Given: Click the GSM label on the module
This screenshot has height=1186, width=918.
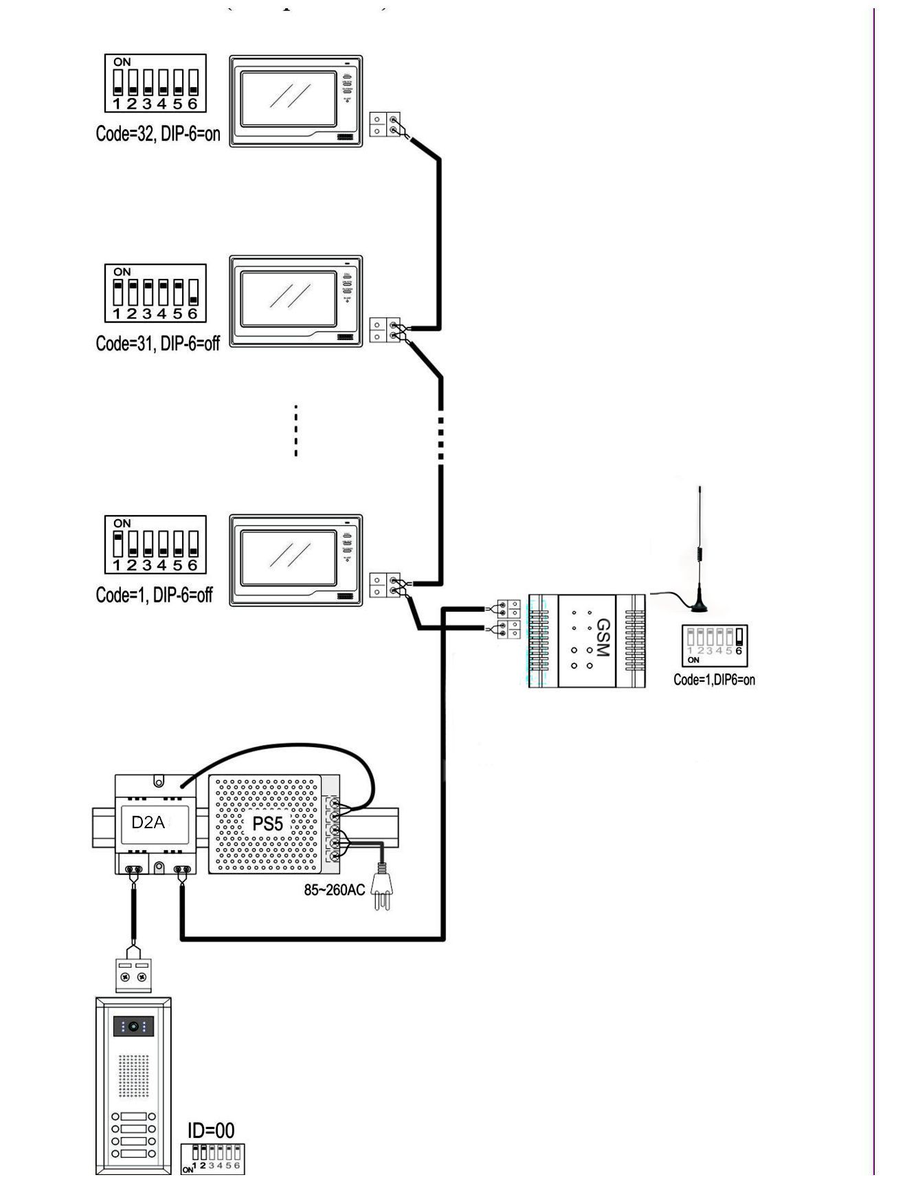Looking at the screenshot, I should [603, 638].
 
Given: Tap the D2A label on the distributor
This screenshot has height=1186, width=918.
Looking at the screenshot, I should [148, 822].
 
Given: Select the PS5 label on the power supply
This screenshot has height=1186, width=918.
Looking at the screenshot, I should [267, 823].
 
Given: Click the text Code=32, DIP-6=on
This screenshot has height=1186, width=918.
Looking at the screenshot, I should [158, 133].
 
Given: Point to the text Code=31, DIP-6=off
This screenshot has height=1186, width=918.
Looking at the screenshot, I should [157, 343].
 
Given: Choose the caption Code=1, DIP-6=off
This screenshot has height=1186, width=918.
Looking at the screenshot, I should [154, 595].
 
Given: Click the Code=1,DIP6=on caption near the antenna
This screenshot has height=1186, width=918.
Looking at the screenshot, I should [714, 680].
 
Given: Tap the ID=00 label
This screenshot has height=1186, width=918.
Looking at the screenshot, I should [211, 1130].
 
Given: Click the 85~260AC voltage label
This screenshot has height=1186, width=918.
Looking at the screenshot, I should [335, 890].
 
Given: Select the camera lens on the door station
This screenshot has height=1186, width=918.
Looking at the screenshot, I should [133, 1027].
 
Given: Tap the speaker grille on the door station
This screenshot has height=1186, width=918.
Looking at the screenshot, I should [133, 1075].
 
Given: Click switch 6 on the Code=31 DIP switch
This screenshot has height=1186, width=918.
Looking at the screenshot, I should [192, 293].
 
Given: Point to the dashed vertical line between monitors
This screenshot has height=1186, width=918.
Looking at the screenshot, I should [295, 431].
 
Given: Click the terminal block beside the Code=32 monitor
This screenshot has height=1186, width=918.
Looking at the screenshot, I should [385, 124].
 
